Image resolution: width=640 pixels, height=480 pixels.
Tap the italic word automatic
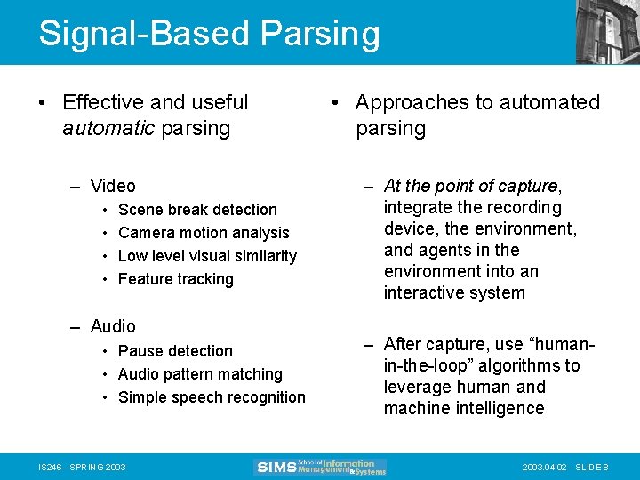[108, 128]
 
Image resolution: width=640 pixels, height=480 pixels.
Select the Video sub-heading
[113, 186]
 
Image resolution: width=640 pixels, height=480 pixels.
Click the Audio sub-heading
[113, 326]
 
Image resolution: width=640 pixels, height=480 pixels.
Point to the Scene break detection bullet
[197, 210]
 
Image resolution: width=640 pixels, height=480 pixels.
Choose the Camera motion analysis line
[204, 233]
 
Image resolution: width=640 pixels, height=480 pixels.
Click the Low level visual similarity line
[207, 256]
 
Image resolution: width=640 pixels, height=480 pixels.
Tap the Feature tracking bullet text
[175, 279]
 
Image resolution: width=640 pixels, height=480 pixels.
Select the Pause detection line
[175, 351]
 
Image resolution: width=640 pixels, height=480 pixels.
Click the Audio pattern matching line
[200, 374]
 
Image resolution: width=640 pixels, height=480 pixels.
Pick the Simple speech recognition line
[212, 397]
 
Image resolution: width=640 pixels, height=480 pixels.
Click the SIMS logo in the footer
[321, 467]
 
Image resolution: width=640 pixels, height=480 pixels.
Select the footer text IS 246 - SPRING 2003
[82, 468]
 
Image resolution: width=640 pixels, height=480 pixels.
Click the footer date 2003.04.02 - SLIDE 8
[564, 468]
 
